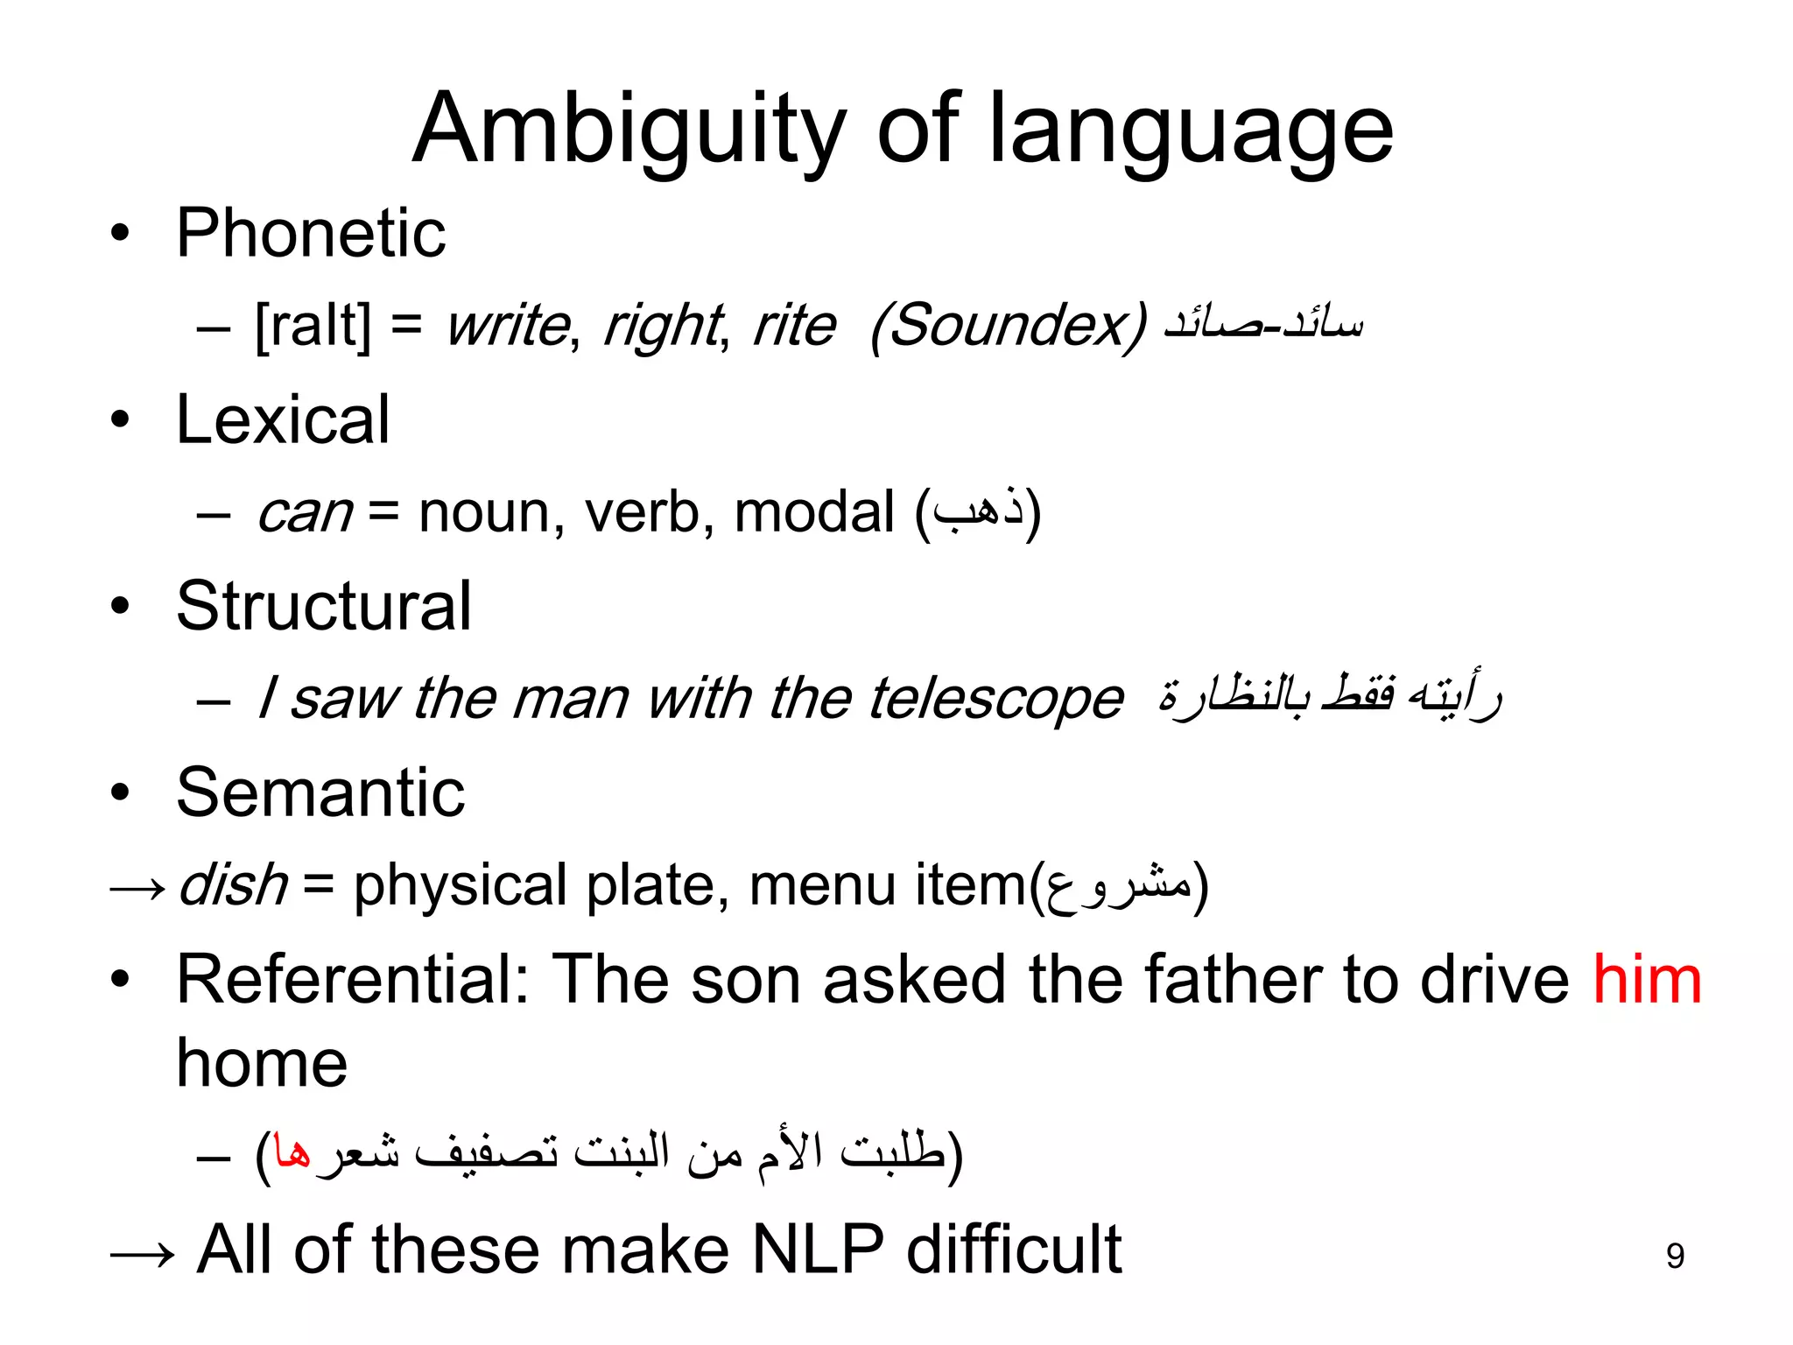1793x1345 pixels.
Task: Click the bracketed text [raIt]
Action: tap(313, 326)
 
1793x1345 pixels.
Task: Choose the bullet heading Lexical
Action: tap(283, 420)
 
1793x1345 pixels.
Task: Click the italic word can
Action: tap(304, 512)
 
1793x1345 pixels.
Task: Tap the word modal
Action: tap(814, 512)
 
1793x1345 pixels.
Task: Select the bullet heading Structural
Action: tap(324, 606)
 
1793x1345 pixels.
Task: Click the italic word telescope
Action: tap(995, 699)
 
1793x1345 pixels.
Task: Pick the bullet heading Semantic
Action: tap(320, 792)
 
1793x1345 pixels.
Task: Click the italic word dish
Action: tap(233, 885)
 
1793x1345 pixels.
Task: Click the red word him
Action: tap(1647, 979)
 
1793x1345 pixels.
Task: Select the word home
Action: tap(262, 1064)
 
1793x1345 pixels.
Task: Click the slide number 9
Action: tap(1675, 1257)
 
